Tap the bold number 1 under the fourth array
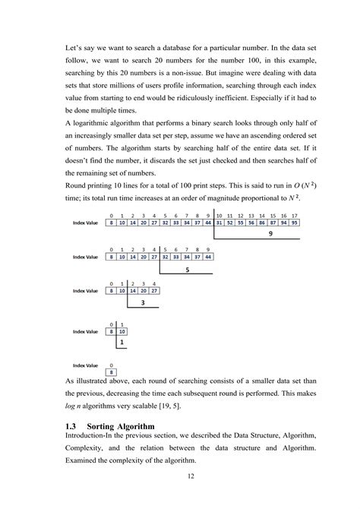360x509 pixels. tap(121, 343)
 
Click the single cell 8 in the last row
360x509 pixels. tap(112, 372)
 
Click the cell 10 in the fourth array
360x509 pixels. tap(123, 332)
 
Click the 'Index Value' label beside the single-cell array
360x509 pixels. tap(85, 365)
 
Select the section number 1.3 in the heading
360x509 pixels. tap(74, 427)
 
